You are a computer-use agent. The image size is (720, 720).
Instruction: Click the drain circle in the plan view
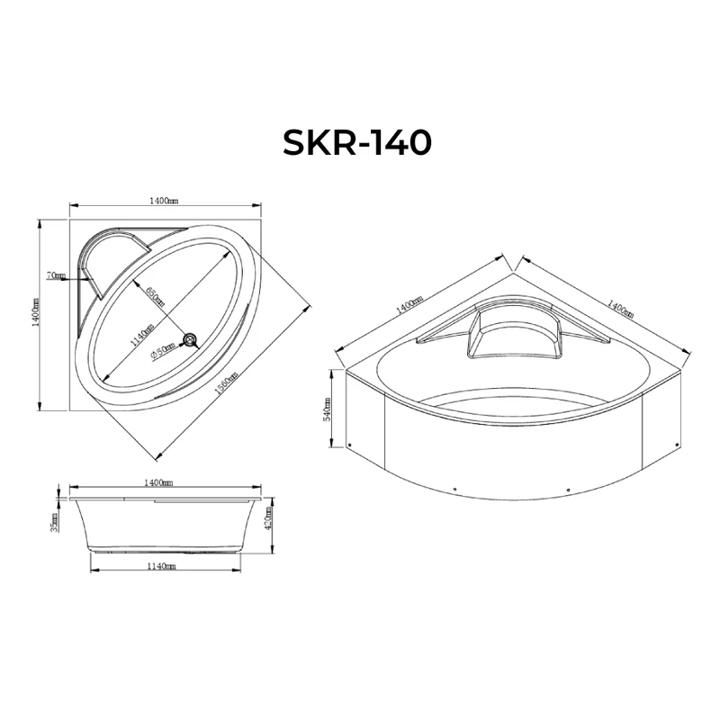pyautogui.click(x=191, y=339)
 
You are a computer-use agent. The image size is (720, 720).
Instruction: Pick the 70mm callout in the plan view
pyautogui.click(x=58, y=275)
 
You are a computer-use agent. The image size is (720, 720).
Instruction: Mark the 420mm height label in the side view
pyautogui.click(x=269, y=519)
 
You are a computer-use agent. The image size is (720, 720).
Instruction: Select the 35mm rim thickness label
pyautogui.click(x=56, y=522)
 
